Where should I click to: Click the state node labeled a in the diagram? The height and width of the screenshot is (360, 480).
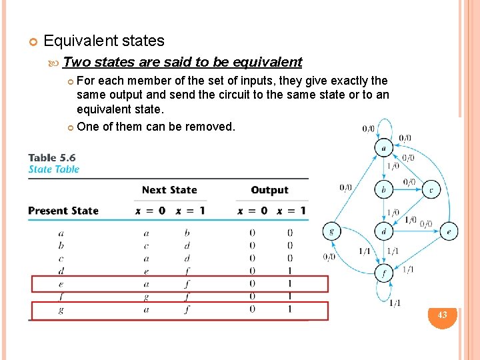[383, 147]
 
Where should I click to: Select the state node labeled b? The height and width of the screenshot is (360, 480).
[383, 190]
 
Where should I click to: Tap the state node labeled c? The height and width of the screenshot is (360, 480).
[431, 190]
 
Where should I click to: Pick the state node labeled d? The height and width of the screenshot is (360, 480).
[383, 232]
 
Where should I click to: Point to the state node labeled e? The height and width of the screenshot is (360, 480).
[449, 232]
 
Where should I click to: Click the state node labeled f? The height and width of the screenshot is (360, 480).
[383, 273]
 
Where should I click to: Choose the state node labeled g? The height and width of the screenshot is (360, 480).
[331, 232]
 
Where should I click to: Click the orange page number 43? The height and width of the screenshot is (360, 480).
[442, 314]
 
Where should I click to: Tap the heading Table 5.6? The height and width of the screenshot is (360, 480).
[52, 158]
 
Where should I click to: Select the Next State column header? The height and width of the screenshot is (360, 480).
[169, 190]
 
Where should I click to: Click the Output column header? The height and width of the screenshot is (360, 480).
[269, 190]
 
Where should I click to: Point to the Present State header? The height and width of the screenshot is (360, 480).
[63, 211]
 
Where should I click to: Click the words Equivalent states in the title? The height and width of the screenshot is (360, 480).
[103, 41]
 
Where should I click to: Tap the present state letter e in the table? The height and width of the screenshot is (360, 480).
[61, 283]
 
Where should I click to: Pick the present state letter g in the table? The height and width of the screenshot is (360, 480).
[61, 309]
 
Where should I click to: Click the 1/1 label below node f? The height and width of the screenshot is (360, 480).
[394, 303]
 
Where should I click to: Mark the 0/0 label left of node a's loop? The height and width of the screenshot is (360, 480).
[367, 129]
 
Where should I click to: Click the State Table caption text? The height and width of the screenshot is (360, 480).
[53, 169]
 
